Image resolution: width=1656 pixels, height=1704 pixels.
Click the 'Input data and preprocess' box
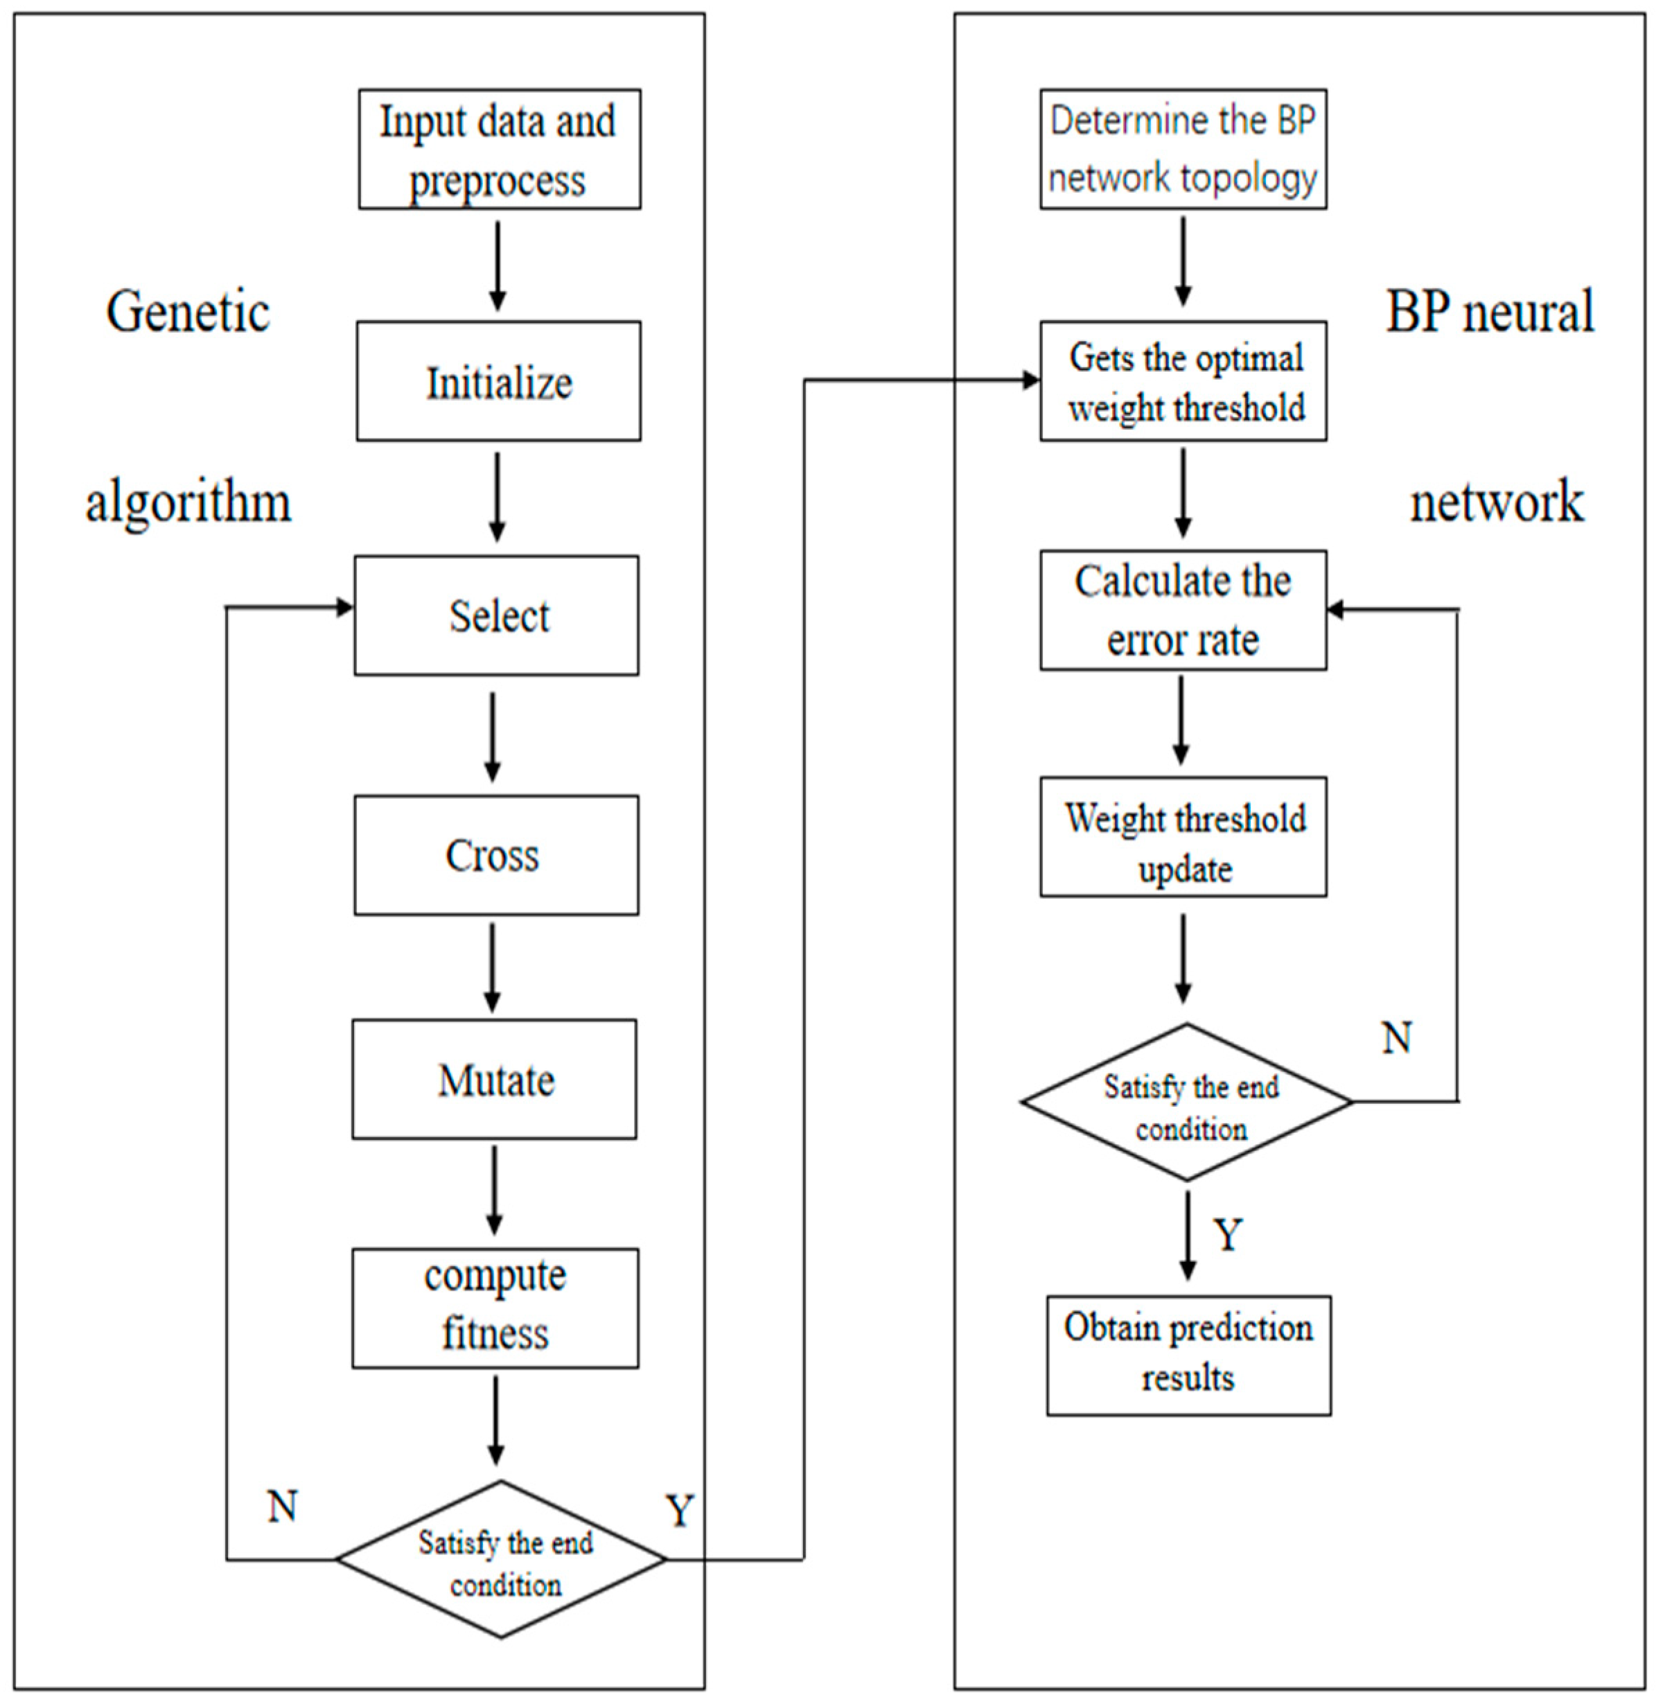coord(500,149)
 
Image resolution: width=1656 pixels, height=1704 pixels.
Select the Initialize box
coord(498,381)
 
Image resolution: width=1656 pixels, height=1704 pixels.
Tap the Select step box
coord(495,615)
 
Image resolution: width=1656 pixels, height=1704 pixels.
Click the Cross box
coord(495,854)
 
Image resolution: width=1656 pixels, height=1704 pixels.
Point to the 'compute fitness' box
coord(495,1308)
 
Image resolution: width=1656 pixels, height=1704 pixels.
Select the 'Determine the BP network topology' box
coord(1183,149)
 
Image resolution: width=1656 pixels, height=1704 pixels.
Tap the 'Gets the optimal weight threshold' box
coord(1183,381)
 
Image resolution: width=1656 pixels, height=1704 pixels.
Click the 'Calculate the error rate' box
coord(1183,610)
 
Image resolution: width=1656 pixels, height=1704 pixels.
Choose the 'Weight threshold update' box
coord(1183,837)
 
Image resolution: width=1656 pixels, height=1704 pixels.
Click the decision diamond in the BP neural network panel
coord(1187,1102)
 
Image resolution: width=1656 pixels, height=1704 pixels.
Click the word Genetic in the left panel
coord(188,311)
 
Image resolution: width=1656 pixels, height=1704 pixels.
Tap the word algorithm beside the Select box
coord(188,503)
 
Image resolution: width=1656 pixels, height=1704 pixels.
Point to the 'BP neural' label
coord(1489,311)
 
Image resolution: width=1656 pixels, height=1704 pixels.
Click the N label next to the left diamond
coord(282,1507)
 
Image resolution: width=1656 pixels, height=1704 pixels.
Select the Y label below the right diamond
coord(1227,1234)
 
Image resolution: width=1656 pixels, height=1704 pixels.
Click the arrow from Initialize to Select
coord(497,495)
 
